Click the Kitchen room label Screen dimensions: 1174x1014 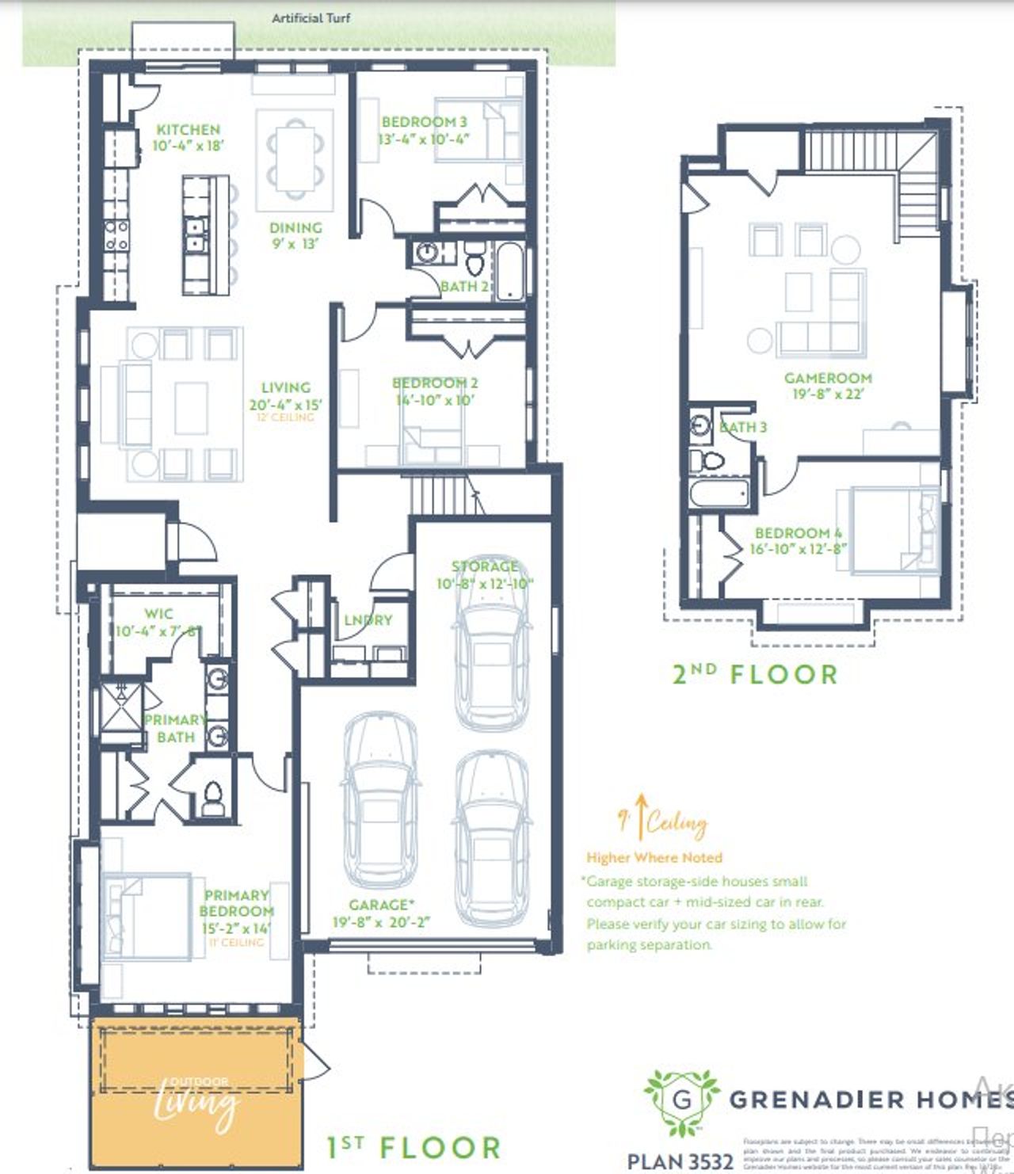point(188,129)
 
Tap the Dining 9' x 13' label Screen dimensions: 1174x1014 point(295,235)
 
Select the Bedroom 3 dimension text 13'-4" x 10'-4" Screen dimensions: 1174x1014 point(424,139)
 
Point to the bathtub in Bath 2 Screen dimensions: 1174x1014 point(511,271)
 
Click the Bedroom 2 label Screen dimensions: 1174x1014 point(435,383)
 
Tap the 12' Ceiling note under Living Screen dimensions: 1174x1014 point(285,417)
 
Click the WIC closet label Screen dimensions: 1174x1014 point(158,613)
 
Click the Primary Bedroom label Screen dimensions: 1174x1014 point(236,903)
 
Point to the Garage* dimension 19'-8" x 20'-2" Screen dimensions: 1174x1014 point(381,922)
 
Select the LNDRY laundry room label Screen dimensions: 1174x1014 point(368,619)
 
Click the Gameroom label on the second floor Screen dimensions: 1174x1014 point(828,378)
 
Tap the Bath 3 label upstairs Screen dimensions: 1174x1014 point(743,427)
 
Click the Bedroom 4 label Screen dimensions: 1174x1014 point(798,533)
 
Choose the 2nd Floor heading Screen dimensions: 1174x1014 point(755,674)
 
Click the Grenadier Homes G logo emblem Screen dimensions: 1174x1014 point(681,1100)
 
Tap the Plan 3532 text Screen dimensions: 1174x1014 point(680,1161)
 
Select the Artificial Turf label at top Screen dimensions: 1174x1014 point(311,17)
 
